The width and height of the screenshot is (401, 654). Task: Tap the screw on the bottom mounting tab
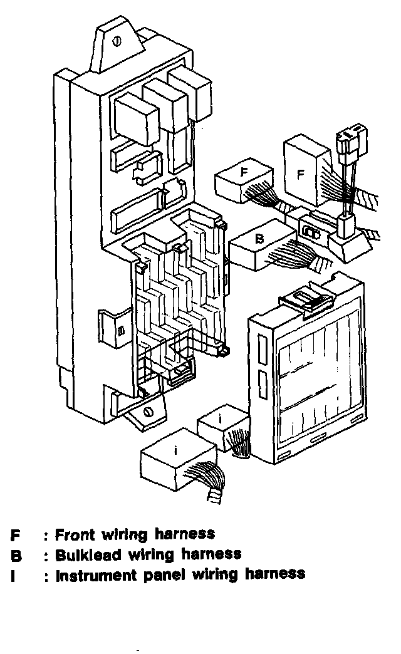pos(148,412)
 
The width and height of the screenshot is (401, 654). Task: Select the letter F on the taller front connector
pos(301,175)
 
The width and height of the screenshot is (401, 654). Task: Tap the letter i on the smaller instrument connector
pos(221,417)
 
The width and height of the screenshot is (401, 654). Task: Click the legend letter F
pos(15,536)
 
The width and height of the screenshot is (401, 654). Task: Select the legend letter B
pos(16,555)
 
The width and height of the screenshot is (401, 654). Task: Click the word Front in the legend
pos(75,535)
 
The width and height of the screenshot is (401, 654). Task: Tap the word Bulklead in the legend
pos(88,554)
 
